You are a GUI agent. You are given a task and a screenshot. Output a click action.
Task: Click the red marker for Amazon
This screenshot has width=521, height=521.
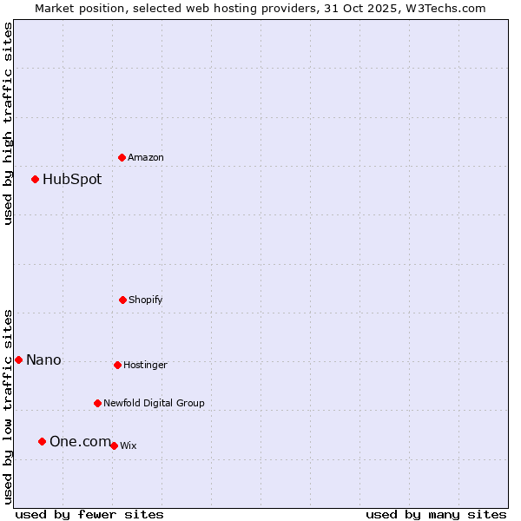tap(122, 157)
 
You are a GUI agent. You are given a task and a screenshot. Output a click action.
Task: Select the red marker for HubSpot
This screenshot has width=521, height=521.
tap(36, 179)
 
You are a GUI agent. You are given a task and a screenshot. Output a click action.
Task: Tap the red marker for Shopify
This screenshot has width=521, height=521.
tap(122, 300)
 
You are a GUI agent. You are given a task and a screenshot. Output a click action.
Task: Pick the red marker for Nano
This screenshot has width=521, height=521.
tap(18, 359)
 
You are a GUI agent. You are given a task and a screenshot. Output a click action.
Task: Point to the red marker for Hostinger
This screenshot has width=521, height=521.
tap(117, 365)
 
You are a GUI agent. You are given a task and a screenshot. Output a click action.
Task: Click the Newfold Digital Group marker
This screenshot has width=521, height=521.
tap(97, 403)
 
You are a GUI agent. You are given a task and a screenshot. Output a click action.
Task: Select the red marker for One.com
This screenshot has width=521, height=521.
tap(42, 441)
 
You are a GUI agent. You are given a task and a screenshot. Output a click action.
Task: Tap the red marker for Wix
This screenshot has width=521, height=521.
tap(114, 445)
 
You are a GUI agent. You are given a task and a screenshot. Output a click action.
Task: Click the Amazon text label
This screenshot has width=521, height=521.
tap(146, 157)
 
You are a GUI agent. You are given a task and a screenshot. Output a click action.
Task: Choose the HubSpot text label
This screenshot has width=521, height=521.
tap(72, 180)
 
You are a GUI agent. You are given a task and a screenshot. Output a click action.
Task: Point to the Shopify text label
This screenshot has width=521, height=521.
tap(146, 300)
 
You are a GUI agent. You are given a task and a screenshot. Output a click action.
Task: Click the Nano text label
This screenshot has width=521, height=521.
tap(43, 360)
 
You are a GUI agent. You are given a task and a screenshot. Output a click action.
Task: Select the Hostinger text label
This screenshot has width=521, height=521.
tap(145, 366)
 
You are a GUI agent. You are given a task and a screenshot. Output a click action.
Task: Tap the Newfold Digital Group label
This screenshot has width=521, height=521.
tap(155, 403)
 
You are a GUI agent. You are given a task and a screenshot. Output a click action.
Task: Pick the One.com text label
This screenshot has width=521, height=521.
tap(80, 442)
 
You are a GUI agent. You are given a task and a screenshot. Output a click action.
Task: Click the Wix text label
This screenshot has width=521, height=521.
tap(129, 446)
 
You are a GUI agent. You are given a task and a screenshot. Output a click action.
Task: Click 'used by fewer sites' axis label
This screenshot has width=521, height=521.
tap(89, 514)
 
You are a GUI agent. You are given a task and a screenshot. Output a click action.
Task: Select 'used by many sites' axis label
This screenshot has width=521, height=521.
tap(436, 514)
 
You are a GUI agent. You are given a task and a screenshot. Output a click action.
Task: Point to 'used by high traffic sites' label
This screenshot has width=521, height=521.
tap(8, 123)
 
